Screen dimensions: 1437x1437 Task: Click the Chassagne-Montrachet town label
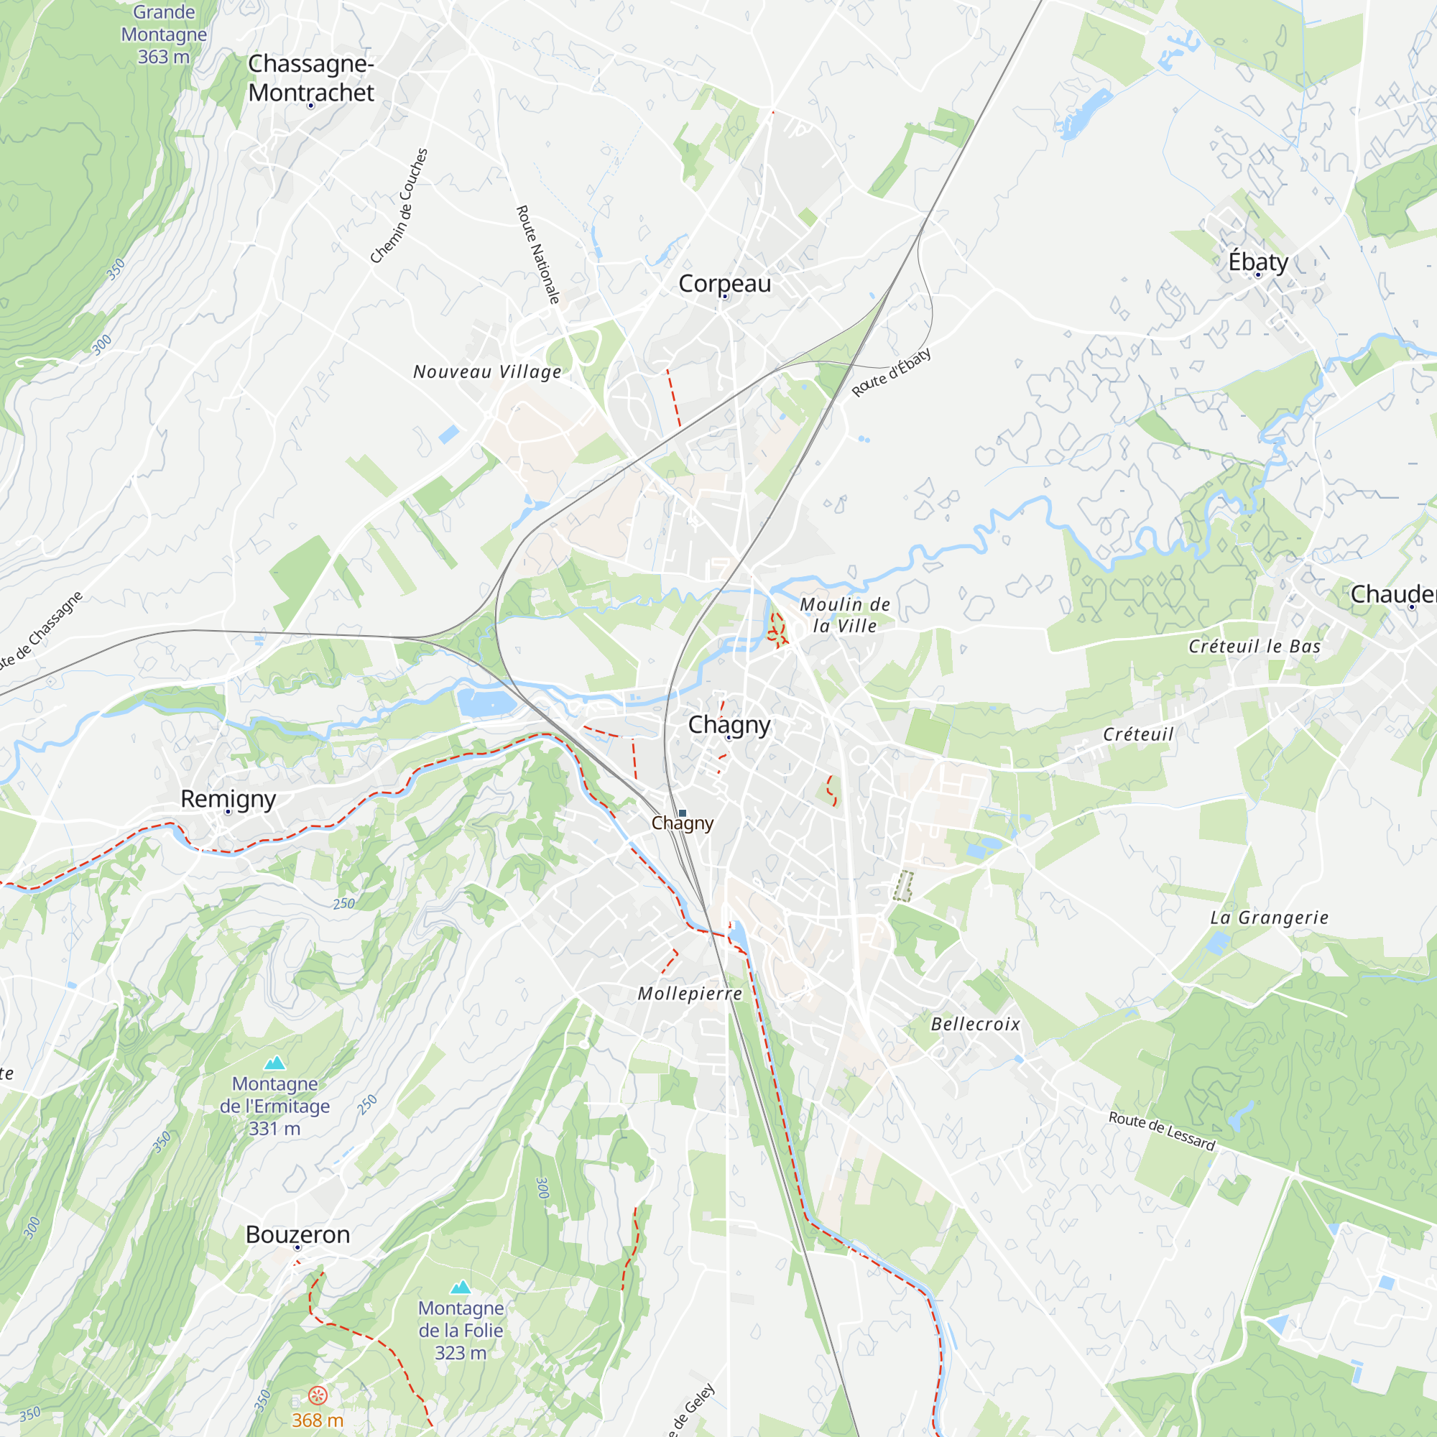311,78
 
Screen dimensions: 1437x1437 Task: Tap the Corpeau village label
724,283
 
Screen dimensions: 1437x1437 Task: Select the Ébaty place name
1258,262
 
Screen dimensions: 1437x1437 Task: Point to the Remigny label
228,799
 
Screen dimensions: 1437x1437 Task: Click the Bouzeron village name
297,1234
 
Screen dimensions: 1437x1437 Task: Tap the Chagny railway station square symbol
682,813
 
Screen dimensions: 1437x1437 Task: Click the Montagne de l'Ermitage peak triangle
275,1063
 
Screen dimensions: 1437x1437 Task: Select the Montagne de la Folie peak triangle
461,1288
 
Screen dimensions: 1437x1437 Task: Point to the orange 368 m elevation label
318,1420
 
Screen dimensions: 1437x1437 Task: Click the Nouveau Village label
487,372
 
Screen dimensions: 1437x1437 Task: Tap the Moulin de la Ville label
845,615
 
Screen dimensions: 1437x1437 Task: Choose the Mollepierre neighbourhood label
690,994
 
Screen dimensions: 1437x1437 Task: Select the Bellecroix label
975,1024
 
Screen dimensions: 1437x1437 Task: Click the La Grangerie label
1269,918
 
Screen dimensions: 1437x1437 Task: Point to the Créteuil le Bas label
1254,647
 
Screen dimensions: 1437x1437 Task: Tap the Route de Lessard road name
1161,1130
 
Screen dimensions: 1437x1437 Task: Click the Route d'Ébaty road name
891,373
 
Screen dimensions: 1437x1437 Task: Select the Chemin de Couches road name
399,206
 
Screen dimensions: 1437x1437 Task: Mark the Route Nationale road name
537,254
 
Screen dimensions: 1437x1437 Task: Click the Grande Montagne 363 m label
164,34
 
